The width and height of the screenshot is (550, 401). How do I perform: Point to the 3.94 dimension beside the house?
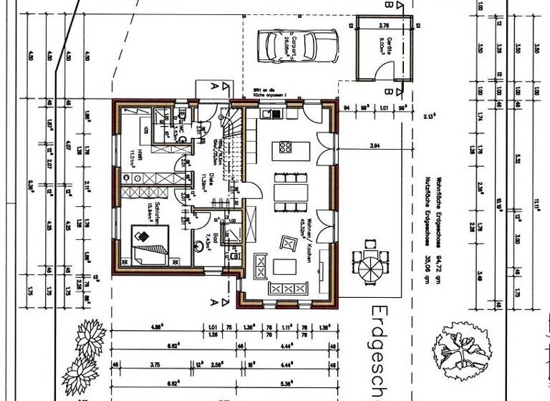coord(374,145)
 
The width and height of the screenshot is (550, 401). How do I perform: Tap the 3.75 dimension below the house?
coord(154,364)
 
